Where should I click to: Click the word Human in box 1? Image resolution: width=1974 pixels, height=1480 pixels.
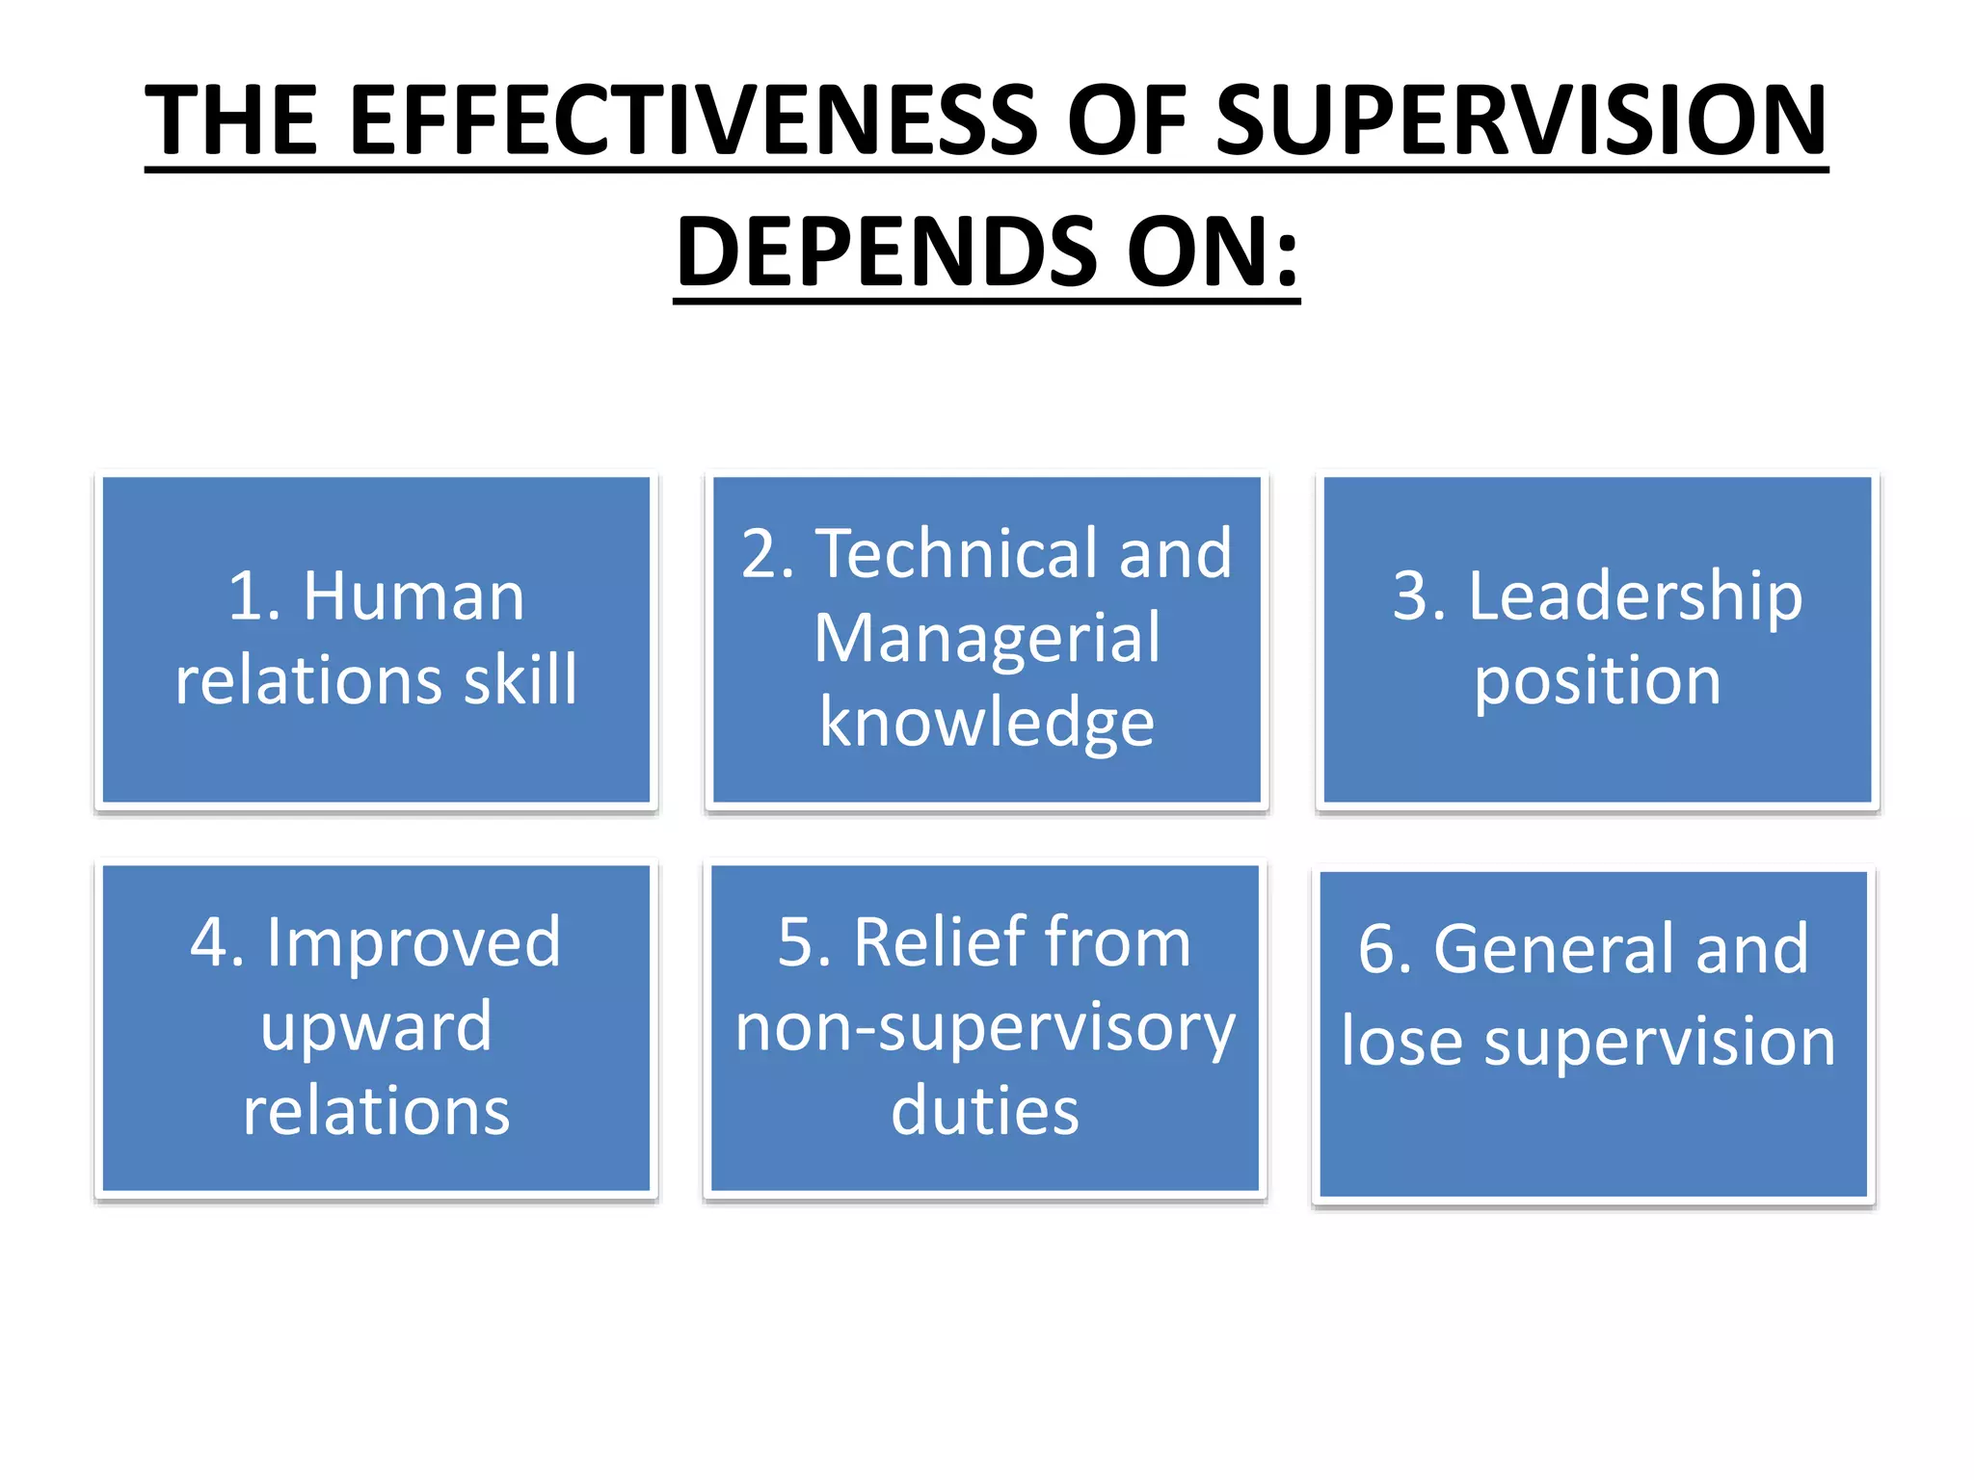click(x=413, y=596)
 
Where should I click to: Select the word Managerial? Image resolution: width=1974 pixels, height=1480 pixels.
click(x=987, y=638)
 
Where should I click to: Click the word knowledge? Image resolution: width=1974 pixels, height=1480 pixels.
click(x=987, y=723)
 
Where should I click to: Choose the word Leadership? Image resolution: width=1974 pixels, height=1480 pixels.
click(x=1635, y=596)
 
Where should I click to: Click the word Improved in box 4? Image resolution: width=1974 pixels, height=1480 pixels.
click(x=413, y=942)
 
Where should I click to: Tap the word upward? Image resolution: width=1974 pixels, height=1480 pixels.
click(x=376, y=1027)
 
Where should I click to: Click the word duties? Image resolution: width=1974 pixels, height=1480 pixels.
click(x=985, y=1111)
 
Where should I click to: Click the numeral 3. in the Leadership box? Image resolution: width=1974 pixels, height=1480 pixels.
click(x=1420, y=596)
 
